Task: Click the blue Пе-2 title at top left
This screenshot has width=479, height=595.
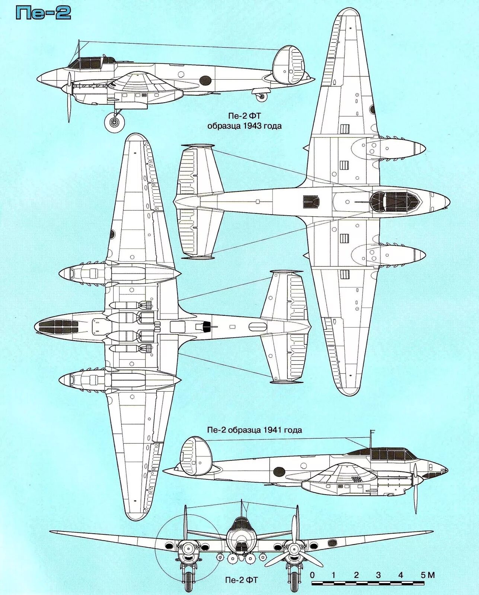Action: (43, 13)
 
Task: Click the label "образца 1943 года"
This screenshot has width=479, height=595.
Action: (244, 126)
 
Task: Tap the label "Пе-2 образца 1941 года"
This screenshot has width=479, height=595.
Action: (254, 430)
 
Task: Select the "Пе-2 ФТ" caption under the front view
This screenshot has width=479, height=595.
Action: (241, 580)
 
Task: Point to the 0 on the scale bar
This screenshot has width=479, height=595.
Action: (312, 575)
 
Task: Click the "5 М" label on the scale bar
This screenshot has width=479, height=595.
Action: (427, 575)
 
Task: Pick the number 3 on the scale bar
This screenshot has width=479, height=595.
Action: (378, 575)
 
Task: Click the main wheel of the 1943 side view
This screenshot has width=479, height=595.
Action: (114, 122)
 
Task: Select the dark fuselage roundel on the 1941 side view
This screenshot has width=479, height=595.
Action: (279, 472)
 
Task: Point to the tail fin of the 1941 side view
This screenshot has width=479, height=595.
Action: (196, 456)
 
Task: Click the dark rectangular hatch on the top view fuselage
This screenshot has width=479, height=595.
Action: (311, 202)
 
